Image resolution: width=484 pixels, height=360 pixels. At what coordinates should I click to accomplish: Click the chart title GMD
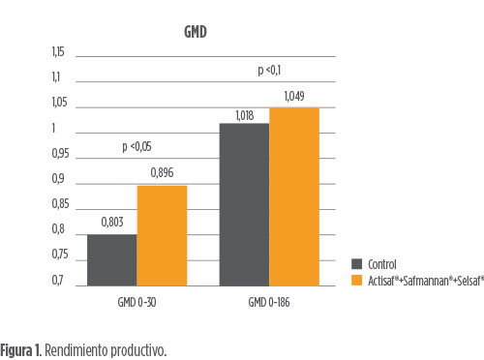coord(196,32)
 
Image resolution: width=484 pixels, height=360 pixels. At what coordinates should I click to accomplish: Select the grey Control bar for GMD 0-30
coord(112,260)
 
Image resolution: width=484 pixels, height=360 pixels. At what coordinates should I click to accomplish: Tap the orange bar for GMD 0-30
coord(162,236)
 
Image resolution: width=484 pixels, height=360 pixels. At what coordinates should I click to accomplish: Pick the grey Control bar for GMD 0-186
coord(244,204)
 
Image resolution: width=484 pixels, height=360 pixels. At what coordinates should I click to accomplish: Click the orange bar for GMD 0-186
coord(294,196)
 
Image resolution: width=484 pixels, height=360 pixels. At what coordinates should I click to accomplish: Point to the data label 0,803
coord(112,222)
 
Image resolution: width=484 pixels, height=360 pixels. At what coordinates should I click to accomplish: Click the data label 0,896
coord(162,173)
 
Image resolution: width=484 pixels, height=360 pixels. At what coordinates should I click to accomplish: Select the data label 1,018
coord(245,115)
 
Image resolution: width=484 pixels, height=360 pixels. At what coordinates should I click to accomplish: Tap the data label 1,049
coord(294,96)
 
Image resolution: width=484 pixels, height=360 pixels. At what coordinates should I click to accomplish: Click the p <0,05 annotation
coord(136,147)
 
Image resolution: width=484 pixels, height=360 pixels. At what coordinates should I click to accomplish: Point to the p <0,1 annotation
coord(269,70)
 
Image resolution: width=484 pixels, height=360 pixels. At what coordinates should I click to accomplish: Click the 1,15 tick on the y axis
coord(58,52)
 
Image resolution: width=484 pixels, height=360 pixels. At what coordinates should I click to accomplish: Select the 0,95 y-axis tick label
coord(60,154)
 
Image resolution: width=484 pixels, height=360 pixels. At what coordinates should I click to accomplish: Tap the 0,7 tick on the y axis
coord(58,281)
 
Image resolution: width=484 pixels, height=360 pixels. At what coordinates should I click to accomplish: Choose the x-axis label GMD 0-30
coord(136,302)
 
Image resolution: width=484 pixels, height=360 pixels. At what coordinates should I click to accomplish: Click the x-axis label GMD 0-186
coord(269,302)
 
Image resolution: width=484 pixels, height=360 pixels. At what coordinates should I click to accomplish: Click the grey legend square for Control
coord(356,264)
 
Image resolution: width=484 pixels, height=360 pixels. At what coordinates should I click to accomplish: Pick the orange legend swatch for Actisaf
coord(356,280)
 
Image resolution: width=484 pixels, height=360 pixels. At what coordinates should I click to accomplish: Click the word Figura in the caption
coord(16,350)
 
